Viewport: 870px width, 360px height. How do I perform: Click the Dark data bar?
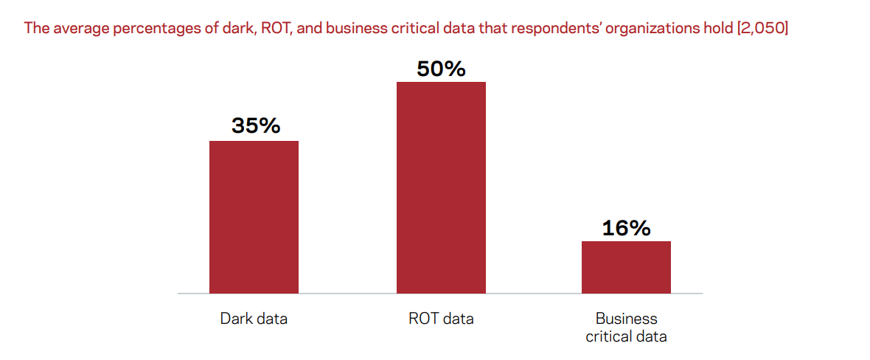[x=254, y=217]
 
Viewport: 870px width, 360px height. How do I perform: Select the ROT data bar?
[x=441, y=187]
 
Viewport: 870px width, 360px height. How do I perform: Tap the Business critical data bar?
[x=626, y=267]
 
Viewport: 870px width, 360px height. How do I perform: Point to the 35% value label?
[x=256, y=125]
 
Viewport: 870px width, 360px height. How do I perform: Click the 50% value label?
[x=441, y=69]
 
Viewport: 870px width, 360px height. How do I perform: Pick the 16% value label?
[x=626, y=228]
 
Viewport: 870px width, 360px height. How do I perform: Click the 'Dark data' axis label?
[x=254, y=319]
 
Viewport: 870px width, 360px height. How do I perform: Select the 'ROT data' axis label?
[x=441, y=319]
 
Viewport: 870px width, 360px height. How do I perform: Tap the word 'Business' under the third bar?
[x=626, y=319]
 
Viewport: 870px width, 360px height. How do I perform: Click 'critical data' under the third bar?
[x=626, y=337]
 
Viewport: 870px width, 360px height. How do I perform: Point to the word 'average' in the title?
[x=77, y=29]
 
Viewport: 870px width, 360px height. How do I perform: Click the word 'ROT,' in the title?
[x=276, y=29]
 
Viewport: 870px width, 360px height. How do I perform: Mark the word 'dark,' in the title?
[x=229, y=29]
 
